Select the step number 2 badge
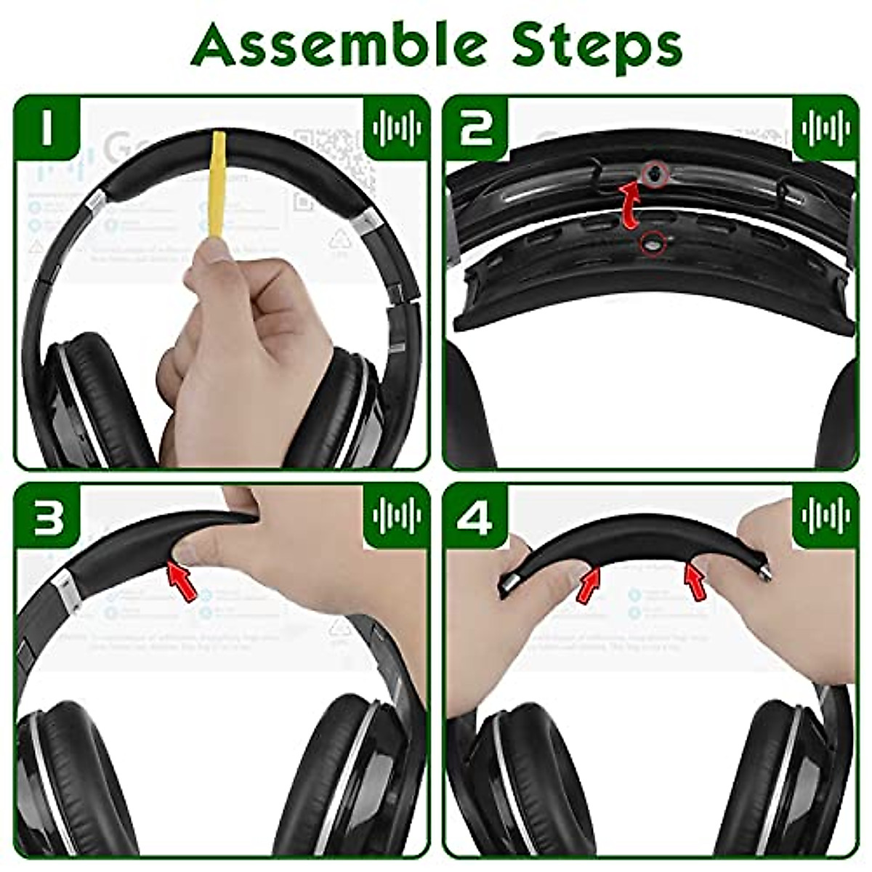[x=477, y=129]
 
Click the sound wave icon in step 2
[x=824, y=129]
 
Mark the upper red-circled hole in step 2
[x=655, y=173]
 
